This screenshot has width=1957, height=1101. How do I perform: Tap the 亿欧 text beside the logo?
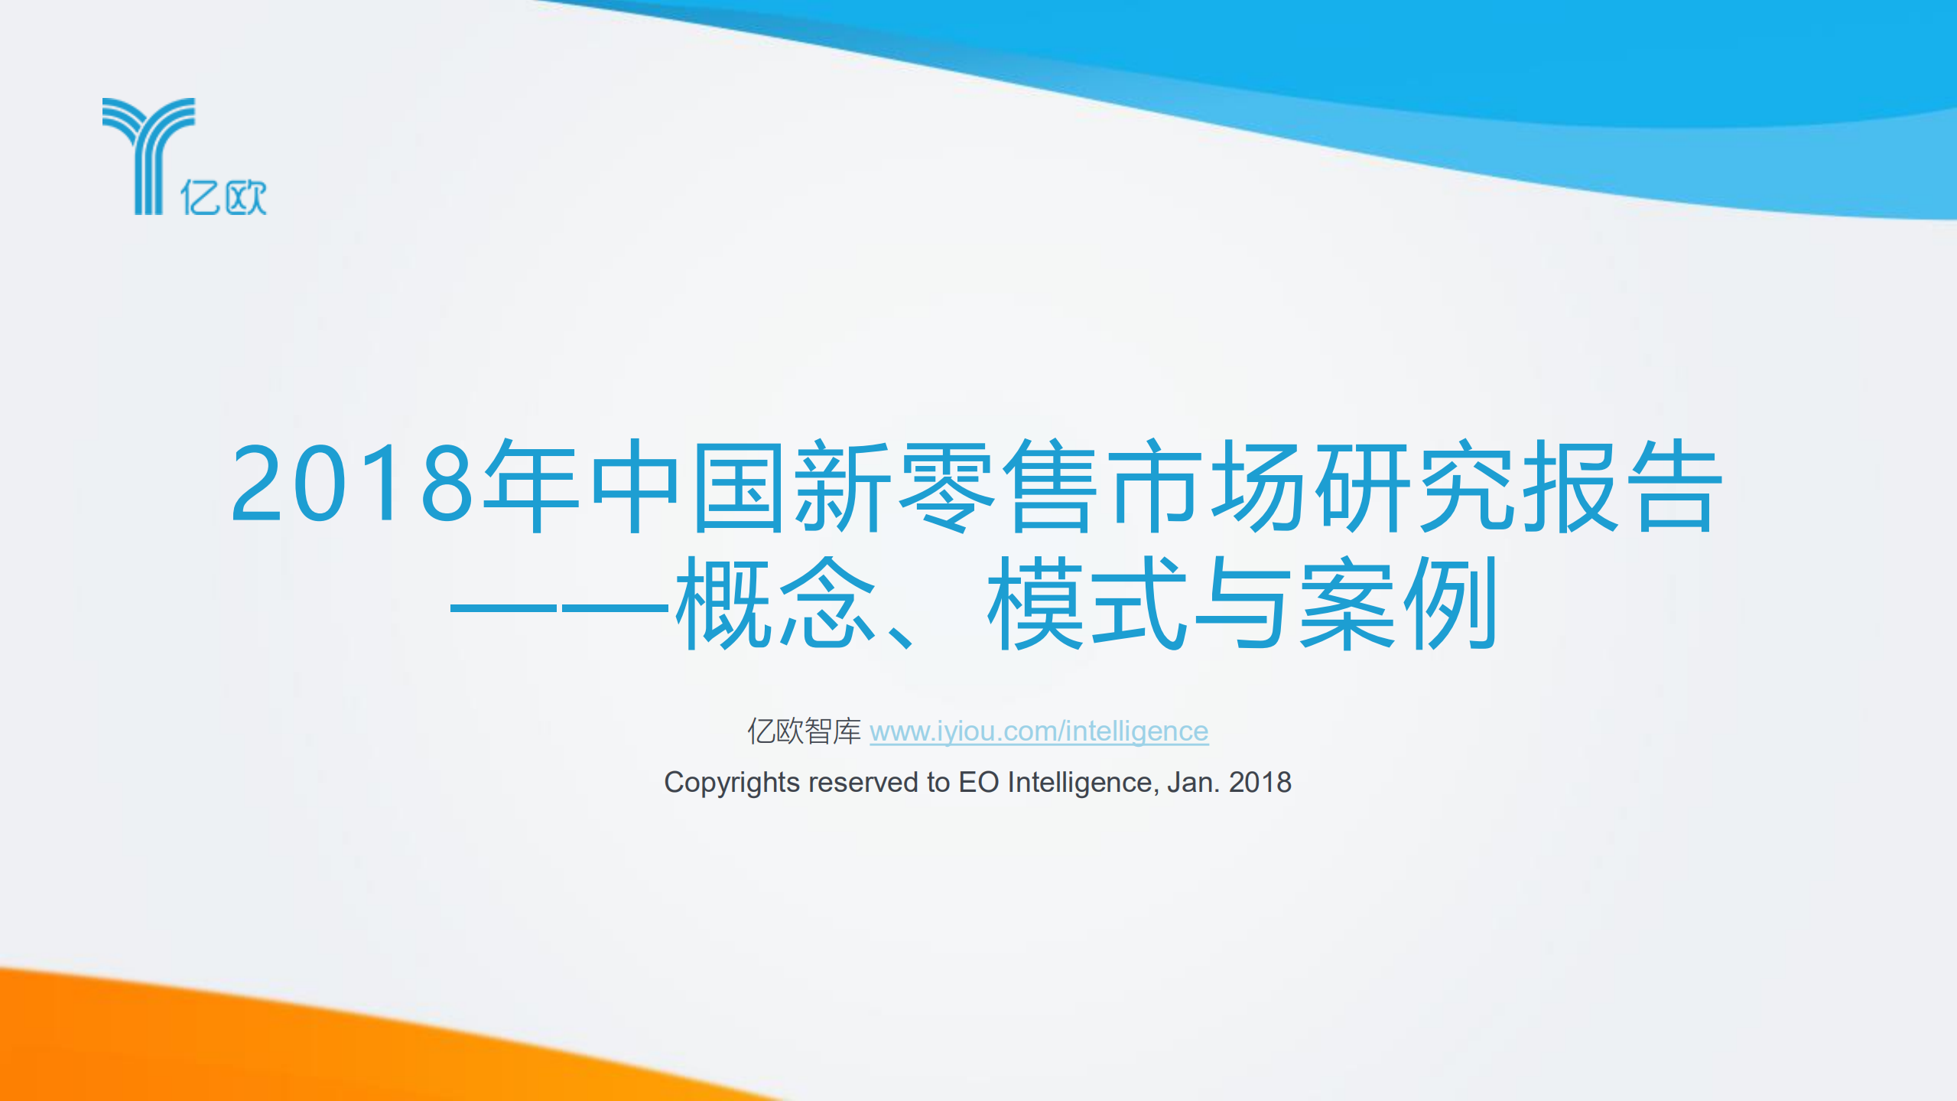(223, 197)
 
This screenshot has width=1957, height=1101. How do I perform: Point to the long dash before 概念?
(559, 608)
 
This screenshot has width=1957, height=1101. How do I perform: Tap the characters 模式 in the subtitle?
(1086, 603)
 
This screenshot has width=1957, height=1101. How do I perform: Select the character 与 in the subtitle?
(1240, 603)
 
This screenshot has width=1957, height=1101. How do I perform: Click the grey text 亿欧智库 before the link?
(804, 731)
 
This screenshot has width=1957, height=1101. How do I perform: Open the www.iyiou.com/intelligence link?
(1039, 731)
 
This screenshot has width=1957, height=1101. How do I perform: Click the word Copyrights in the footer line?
(731, 783)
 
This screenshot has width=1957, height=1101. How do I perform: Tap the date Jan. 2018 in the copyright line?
(1229, 783)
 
